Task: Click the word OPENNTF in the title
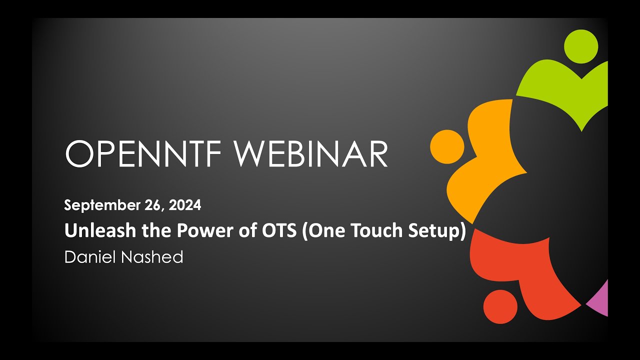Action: [143, 153]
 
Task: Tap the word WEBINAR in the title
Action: [311, 153]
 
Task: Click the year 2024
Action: [185, 205]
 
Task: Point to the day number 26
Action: [154, 205]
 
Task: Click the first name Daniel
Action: [89, 257]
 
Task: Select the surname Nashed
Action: [152, 257]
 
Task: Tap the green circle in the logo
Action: [581, 46]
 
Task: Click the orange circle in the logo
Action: [447, 147]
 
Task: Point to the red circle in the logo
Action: [500, 307]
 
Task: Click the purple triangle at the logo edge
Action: [600, 300]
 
